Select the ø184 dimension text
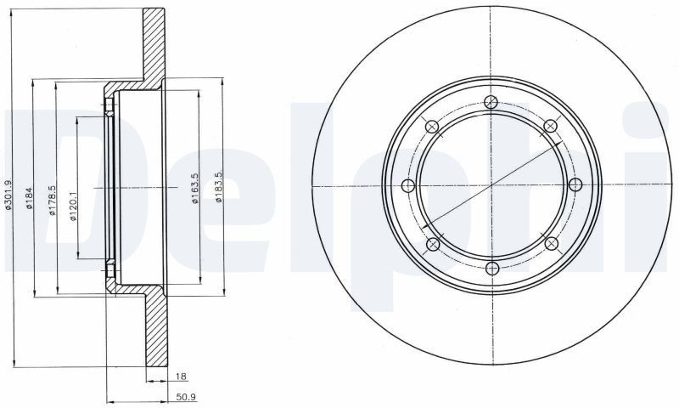coord(30,198)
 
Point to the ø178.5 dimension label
coord(52,201)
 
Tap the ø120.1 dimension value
coord(73,207)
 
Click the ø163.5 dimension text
coord(195,188)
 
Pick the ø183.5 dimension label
coord(219,186)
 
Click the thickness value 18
coord(181,377)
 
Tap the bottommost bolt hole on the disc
coord(492,269)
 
